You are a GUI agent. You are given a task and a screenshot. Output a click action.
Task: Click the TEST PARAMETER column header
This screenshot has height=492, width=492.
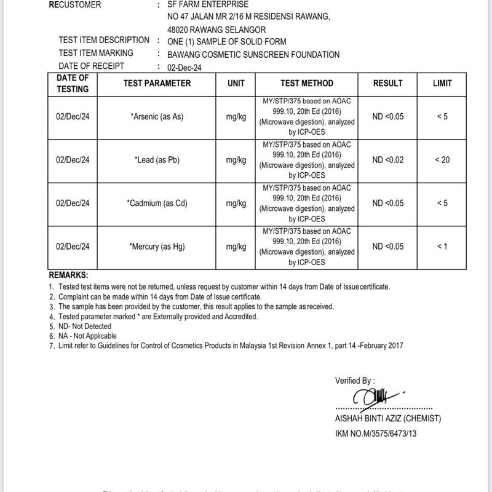tap(157, 84)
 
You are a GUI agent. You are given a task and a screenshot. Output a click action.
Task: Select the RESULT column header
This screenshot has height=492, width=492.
tap(387, 84)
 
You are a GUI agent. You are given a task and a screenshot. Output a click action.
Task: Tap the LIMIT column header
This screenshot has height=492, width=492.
tap(442, 84)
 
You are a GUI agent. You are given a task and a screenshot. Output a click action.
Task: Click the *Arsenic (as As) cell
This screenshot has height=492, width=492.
tap(157, 117)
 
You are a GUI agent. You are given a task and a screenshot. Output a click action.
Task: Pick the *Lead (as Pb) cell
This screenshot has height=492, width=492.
tap(157, 160)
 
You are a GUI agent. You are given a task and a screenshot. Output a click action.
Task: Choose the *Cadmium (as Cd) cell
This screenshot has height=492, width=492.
tap(157, 204)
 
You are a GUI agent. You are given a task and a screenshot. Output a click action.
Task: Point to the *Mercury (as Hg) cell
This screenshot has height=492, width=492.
tap(157, 247)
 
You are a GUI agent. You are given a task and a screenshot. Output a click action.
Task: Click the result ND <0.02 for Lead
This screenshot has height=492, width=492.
tap(387, 160)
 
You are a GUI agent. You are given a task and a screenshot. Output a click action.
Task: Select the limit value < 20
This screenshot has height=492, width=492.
tap(442, 160)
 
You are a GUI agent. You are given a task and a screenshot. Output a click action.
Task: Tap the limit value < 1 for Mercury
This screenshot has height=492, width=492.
tap(442, 247)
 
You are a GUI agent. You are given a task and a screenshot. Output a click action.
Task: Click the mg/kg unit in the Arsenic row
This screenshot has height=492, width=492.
tap(236, 117)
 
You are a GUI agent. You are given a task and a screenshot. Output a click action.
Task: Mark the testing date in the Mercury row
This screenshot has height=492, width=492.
tap(73, 247)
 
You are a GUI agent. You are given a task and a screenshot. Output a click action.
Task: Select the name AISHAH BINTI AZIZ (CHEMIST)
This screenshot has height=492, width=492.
tap(387, 419)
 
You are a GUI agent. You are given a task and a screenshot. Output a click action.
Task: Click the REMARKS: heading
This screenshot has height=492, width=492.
tap(68, 276)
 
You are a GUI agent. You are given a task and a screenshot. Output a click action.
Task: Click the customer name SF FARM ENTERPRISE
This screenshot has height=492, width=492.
tap(208, 4)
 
